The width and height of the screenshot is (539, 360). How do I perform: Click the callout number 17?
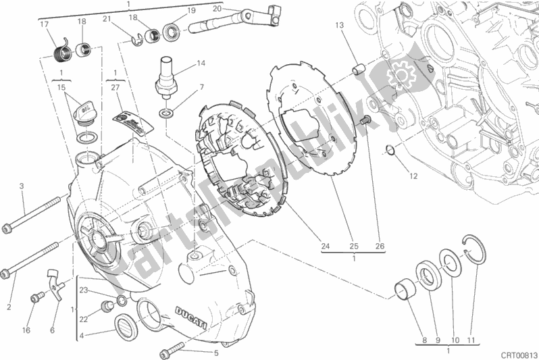[x=44, y=25]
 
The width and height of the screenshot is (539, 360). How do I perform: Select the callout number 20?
[x=216, y=9]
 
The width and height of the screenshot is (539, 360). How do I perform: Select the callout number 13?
[x=339, y=25]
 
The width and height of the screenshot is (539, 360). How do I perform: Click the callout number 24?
[x=326, y=247]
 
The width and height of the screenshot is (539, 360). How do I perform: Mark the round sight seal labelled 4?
[x=126, y=326]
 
